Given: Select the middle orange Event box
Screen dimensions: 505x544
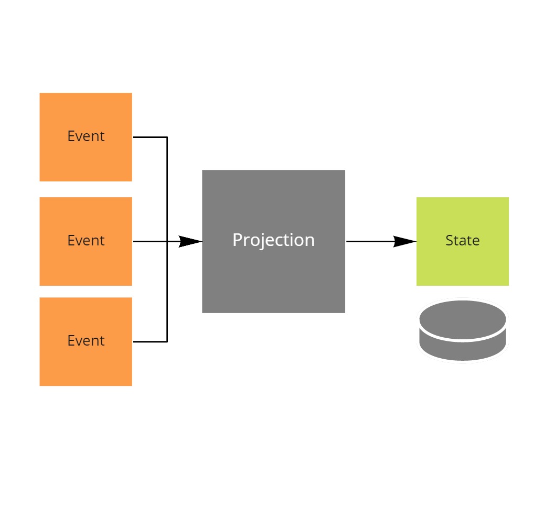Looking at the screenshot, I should [86, 262].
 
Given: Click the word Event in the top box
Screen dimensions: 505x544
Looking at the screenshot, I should [86, 136].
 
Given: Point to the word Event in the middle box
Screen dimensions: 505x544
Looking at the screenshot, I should [86, 241].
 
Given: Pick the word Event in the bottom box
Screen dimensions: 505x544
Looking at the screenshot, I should [86, 341].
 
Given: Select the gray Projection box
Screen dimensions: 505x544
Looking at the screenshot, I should [273, 273].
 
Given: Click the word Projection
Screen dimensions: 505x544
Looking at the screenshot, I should [273, 240].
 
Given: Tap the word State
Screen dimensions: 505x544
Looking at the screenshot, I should [462, 241].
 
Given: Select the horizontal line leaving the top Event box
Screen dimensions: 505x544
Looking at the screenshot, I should [150, 137].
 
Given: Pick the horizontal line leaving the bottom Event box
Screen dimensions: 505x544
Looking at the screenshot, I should [150, 342].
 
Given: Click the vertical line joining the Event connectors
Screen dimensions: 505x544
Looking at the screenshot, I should [167, 189].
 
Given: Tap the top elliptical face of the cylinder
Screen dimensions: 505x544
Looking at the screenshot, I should [462, 319].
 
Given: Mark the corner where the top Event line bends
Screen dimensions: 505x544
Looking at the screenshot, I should [167, 137].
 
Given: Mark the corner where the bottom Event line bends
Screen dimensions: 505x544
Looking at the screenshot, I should [167, 342].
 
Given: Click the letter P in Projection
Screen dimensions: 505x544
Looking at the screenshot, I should [237, 240].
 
